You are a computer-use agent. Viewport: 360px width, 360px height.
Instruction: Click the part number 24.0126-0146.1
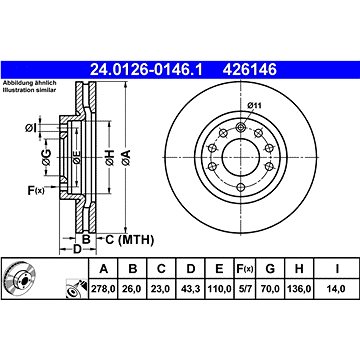[x=146, y=70]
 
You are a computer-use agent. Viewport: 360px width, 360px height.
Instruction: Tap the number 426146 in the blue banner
[x=250, y=70]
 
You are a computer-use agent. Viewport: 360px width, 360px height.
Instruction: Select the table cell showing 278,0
[x=103, y=289]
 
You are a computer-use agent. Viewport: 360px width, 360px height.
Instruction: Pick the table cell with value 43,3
[x=190, y=289]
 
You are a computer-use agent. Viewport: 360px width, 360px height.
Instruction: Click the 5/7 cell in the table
[x=245, y=289]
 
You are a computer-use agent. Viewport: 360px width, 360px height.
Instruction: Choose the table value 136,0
[x=299, y=289]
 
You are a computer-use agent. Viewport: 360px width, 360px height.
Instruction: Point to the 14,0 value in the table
[x=336, y=289]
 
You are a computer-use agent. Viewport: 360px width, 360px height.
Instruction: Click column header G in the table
[x=270, y=269]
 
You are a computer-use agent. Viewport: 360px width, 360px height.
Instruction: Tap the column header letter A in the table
[x=104, y=269]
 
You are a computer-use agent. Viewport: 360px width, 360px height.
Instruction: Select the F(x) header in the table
[x=245, y=269]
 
